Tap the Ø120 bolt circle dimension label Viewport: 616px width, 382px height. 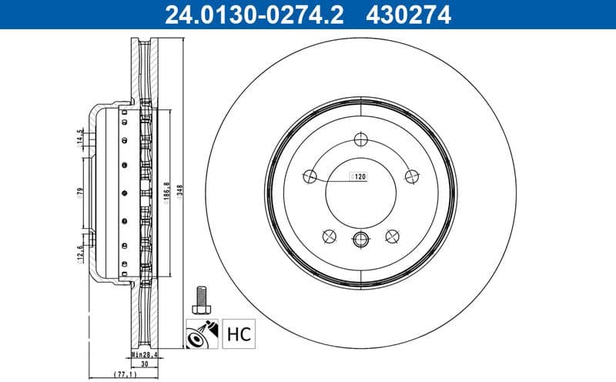(x=358, y=176)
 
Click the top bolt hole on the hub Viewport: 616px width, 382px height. (x=360, y=139)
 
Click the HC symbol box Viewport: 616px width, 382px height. (x=239, y=334)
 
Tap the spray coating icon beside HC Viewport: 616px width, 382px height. (x=203, y=334)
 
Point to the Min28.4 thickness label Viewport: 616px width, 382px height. (x=143, y=355)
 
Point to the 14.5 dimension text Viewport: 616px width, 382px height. (x=80, y=137)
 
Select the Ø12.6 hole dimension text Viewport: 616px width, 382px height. (x=80, y=252)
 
